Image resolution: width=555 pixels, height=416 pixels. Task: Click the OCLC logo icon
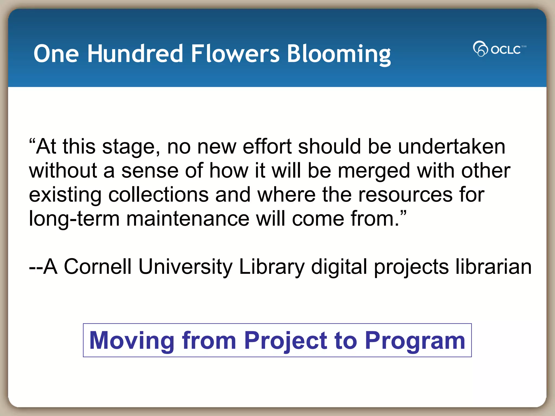coord(480,49)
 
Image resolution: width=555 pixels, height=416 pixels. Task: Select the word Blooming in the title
coord(338,54)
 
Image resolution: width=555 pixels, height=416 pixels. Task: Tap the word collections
coord(159,195)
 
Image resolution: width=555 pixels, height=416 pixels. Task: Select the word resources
coord(405,195)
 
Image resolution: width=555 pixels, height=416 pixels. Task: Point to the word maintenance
coord(188,219)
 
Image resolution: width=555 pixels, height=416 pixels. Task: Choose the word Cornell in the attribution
coord(98,266)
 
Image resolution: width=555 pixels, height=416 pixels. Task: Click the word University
coord(185,267)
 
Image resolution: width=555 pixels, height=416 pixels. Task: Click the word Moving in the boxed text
coord(132,341)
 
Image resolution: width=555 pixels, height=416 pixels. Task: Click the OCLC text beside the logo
coord(506,50)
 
